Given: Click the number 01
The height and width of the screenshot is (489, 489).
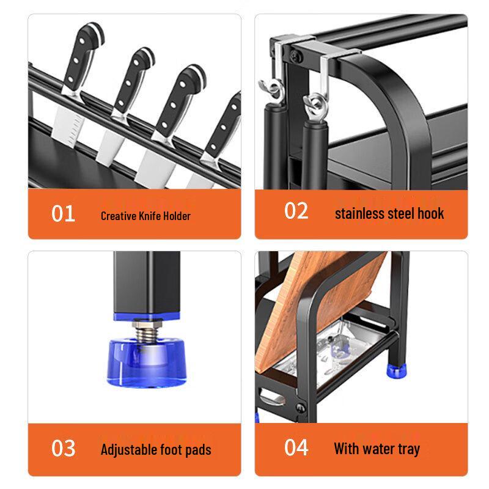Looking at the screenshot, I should click(63, 214).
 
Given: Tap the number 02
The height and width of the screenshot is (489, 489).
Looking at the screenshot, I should click(296, 211).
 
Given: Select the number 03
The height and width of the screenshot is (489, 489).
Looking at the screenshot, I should click(63, 448).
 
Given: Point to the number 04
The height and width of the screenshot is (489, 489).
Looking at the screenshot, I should click(296, 447).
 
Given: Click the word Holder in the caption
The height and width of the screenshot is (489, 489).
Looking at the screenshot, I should click(176, 216).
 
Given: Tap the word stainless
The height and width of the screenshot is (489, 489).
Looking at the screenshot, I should click(361, 213).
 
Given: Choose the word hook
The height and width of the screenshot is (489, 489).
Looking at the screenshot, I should click(431, 213).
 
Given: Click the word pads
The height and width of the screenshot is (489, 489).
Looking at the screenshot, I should click(197, 450).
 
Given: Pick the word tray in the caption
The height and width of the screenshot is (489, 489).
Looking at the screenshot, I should click(407, 449).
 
